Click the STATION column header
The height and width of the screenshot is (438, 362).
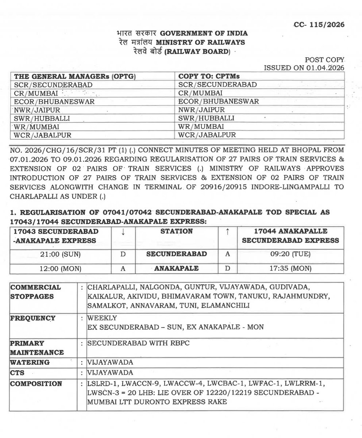coord(175,231)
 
